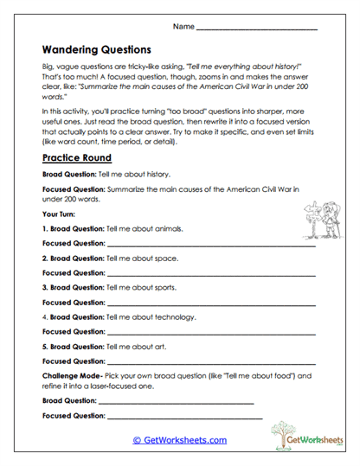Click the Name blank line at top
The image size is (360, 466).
[x=257, y=29]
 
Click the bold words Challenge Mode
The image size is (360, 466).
[x=73, y=377]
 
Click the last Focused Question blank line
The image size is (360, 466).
[x=183, y=418]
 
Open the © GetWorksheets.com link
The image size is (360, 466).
[x=179, y=440]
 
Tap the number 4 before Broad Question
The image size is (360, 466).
[x=44, y=317]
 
